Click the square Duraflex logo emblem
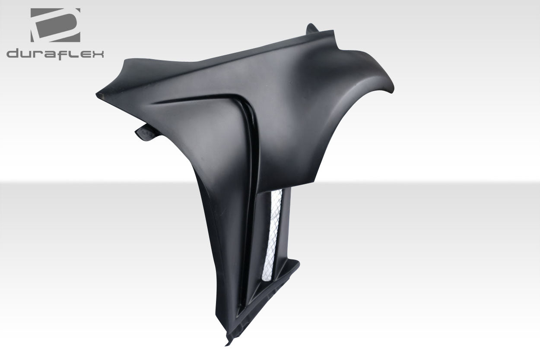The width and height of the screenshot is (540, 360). click(x=55, y=25)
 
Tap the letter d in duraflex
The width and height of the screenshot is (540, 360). click(x=13, y=54)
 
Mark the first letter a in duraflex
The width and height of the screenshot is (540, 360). click(x=51, y=54)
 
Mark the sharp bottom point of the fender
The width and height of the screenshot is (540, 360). click(x=226, y=344)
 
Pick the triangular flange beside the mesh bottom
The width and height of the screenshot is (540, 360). click(x=289, y=270)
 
